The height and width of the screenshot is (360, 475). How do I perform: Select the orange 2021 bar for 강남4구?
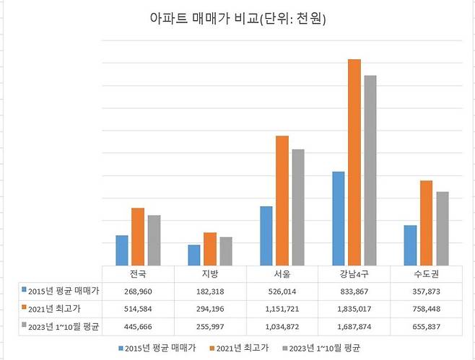coord(354,162)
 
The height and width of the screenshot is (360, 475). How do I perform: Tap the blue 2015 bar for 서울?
coord(266,236)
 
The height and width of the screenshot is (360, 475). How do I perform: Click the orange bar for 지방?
coord(209,249)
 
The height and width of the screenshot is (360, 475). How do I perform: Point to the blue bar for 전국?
coord(121,250)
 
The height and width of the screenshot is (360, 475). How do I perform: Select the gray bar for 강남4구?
coord(370,170)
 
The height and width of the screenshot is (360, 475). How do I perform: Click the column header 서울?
coord(282,274)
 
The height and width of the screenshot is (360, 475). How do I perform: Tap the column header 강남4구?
coord(354,274)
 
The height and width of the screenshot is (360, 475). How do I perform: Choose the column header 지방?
coord(210,274)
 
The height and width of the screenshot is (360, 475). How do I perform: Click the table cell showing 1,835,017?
coord(354,309)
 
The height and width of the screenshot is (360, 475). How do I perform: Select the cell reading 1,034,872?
coord(282,326)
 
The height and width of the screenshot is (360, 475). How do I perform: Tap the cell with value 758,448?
coord(426,309)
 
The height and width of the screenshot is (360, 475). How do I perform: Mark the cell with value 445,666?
coord(138,326)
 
